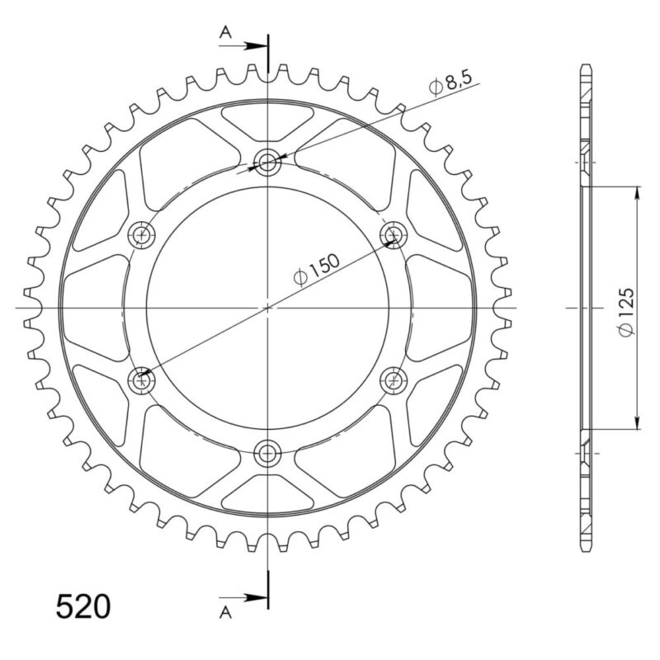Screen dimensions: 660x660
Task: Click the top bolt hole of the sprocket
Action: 267,163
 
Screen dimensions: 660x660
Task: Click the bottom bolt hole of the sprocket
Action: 267,452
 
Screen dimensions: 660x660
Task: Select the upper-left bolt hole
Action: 142,235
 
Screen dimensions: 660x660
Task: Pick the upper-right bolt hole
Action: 393,235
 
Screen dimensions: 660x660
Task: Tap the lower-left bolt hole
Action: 142,379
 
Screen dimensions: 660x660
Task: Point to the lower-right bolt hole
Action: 393,379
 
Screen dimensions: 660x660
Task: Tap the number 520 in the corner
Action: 82,606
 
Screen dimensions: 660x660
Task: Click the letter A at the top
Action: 224,32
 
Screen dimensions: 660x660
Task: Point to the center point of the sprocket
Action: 267,307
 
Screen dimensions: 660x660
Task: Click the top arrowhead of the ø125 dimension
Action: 638,193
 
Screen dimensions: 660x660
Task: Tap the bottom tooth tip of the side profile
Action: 586,549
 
